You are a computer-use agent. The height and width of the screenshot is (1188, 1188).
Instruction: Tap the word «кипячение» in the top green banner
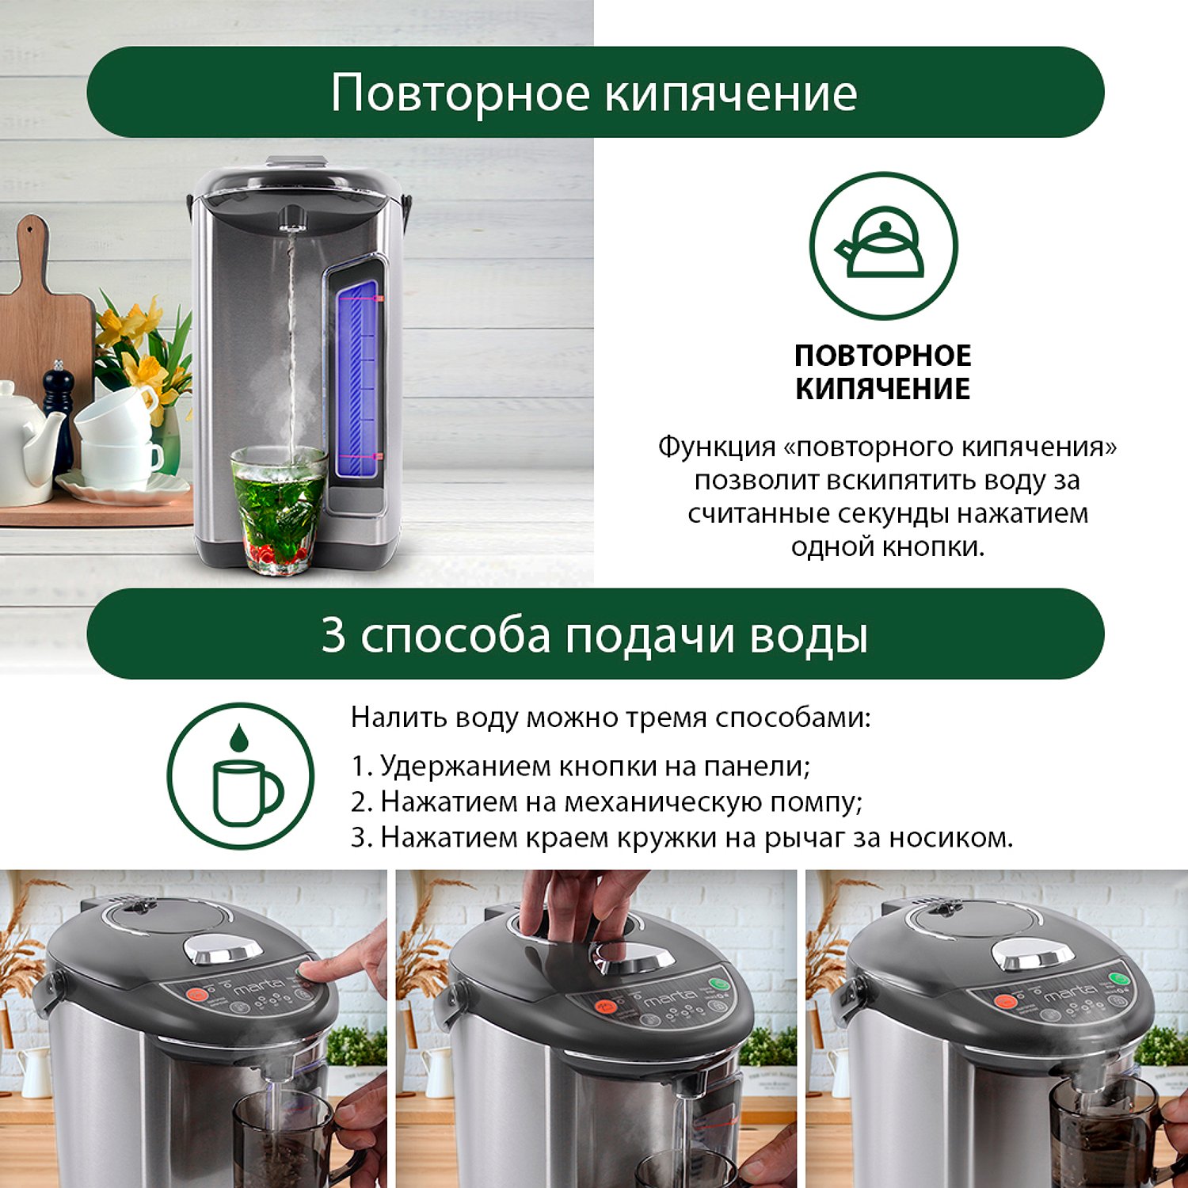731,93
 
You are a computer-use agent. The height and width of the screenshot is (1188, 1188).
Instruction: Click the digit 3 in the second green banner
333,635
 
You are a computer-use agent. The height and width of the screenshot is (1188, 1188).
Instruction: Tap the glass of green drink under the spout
278,509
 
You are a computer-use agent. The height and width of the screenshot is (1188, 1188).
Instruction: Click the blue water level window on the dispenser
359,382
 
